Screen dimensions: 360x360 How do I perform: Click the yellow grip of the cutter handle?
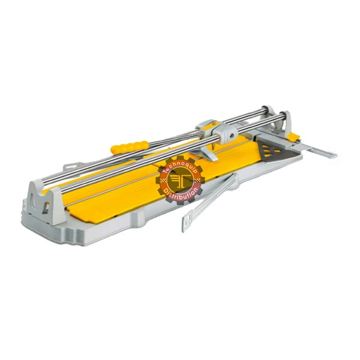[x=129, y=147]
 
